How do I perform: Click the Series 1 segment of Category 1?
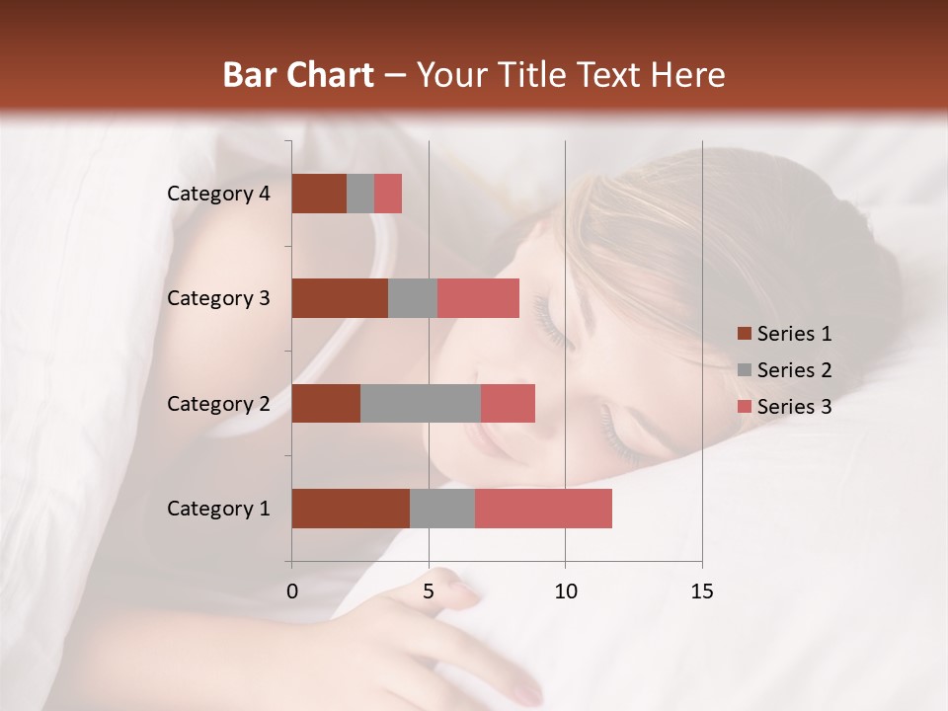[351, 509]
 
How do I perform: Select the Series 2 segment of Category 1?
[442, 509]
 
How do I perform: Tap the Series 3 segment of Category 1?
[543, 509]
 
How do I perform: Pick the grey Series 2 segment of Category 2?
[421, 403]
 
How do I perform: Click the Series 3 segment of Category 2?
[508, 403]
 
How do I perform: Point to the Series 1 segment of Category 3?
[340, 298]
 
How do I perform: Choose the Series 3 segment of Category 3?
[478, 298]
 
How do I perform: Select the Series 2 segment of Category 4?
[360, 194]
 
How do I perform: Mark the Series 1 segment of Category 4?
[319, 194]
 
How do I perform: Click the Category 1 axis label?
[218, 509]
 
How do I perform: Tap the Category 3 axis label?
[218, 298]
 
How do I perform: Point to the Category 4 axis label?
[218, 194]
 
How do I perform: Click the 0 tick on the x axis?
[292, 592]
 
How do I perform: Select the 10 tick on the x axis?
[565, 592]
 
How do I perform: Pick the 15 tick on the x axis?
[701, 592]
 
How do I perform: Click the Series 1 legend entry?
[785, 334]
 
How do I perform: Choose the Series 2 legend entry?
[785, 370]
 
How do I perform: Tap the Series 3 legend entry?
[785, 407]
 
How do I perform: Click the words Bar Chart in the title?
[298, 75]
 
